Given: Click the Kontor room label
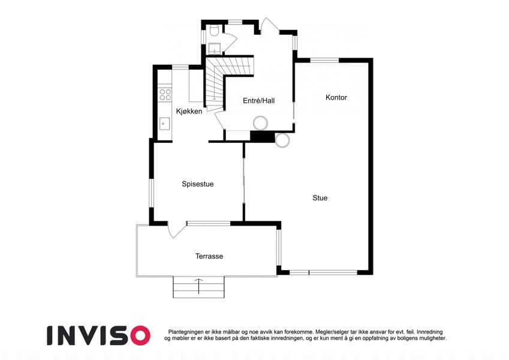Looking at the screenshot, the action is pyautogui.click(x=336, y=97).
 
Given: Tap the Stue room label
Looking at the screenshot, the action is pyautogui.click(x=320, y=198).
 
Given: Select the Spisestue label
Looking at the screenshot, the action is pyautogui.click(x=198, y=184).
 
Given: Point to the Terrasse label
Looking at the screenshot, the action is pyautogui.click(x=209, y=256).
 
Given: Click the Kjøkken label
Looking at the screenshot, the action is pyautogui.click(x=189, y=111).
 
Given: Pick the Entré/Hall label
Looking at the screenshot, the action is pyautogui.click(x=259, y=101).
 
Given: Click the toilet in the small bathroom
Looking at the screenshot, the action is pyautogui.click(x=214, y=31).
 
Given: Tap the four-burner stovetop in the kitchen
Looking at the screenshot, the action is pyautogui.click(x=165, y=95).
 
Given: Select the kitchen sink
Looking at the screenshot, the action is pyautogui.click(x=164, y=124).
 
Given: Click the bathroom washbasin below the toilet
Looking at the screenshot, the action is pyautogui.click(x=214, y=48).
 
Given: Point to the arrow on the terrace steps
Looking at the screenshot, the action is pyautogui.click(x=198, y=286).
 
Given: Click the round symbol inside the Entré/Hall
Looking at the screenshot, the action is pyautogui.click(x=260, y=123).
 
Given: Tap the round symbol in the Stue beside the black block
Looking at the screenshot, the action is pyautogui.click(x=282, y=140).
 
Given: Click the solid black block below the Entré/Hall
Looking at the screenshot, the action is pyautogui.click(x=262, y=136).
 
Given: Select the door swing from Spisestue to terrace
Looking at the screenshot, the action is pyautogui.click(x=177, y=230).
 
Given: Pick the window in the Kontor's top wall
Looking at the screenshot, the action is pyautogui.click(x=324, y=60).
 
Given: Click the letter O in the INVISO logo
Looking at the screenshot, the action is pyautogui.click(x=138, y=335).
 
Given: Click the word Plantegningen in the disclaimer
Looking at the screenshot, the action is pyautogui.click(x=186, y=332).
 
